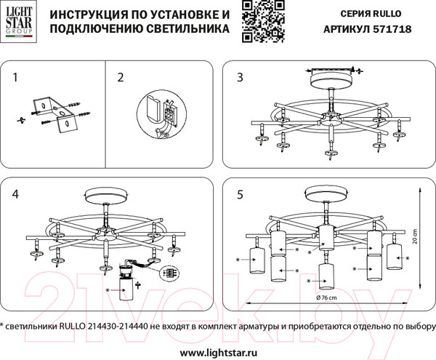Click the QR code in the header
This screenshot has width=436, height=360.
258,20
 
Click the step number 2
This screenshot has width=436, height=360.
121,76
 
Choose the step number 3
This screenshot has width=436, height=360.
238,76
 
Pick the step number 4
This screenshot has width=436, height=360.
16,194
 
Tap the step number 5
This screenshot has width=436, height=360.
238,194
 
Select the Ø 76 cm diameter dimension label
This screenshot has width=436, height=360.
327,298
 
